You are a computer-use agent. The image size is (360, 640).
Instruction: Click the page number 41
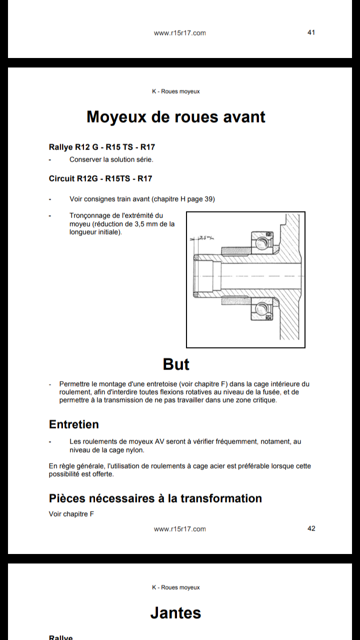coord(311,32)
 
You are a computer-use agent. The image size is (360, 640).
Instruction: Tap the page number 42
coord(311,528)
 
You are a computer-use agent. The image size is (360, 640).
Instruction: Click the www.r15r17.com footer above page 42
coord(179,529)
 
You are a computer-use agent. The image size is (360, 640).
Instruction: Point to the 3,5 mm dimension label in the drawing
coord(204,237)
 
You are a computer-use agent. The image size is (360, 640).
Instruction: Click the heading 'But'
coord(176,364)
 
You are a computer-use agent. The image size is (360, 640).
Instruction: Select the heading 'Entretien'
coord(74,424)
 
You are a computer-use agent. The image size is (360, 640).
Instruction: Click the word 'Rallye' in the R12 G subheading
coord(61,147)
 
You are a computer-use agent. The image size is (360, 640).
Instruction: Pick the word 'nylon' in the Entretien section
coord(134,449)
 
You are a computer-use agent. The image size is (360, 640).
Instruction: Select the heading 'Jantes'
coord(175,613)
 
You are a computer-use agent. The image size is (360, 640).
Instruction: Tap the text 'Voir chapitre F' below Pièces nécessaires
coord(71,514)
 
